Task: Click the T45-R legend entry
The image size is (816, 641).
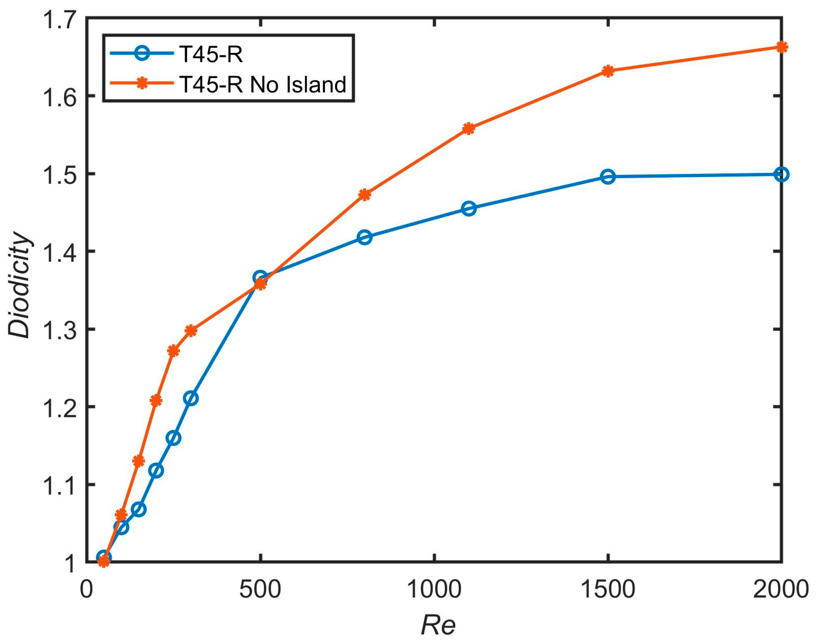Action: coord(211,55)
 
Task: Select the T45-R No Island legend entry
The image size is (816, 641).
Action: coord(262,85)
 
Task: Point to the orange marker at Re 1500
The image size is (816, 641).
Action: coord(608,71)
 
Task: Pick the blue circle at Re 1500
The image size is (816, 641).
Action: coord(608,176)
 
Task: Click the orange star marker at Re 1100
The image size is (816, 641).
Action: coord(469,129)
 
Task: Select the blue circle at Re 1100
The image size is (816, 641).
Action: coord(469,208)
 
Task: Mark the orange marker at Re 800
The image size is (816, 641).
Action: coord(365,195)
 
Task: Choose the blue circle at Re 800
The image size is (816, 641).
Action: coord(365,237)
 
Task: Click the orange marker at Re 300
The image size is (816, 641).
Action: coord(191,331)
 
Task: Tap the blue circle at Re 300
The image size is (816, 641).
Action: coord(191,398)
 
